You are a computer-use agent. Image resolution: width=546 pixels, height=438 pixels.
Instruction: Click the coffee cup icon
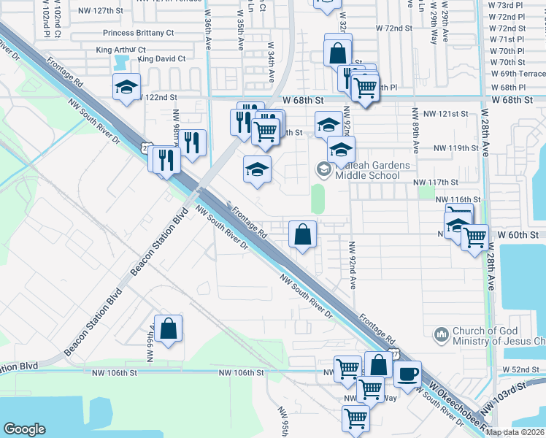coord(408,373)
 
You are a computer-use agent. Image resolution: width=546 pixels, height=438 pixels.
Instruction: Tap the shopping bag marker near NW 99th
coord(169,328)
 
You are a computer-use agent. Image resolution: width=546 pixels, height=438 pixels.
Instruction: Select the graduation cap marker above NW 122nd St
coord(127,87)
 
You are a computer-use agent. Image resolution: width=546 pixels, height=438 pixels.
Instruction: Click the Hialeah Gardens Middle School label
coord(367,170)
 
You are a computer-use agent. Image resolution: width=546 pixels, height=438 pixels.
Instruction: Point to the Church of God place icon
coord(441,335)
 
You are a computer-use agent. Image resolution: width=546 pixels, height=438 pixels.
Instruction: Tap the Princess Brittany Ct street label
coord(139,33)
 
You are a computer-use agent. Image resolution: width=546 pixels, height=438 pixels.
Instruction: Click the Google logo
coord(24,429)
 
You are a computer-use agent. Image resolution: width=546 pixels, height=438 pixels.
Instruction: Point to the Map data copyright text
coord(515,432)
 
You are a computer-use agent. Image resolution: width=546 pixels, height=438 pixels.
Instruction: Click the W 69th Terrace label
coord(518,74)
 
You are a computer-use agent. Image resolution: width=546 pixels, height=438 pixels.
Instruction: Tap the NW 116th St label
coord(458,199)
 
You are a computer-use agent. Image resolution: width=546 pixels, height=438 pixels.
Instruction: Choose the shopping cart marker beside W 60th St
coord(475,237)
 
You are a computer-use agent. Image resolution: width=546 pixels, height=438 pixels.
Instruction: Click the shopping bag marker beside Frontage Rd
coord(303,235)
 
